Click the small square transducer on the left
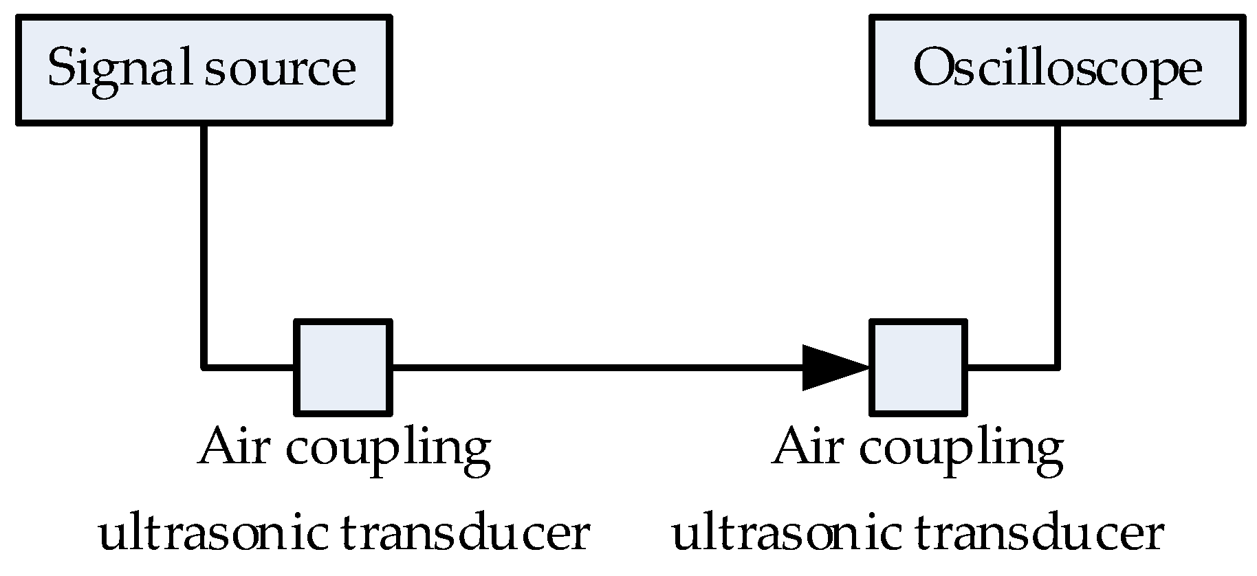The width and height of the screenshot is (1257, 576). [x=343, y=368]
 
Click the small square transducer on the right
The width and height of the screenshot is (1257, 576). [x=918, y=368]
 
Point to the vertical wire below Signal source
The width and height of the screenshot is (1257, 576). [x=204, y=241]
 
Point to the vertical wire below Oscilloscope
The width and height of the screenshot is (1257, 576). [x=1057, y=241]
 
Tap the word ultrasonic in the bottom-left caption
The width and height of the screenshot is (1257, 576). [x=213, y=535]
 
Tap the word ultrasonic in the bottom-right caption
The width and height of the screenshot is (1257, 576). [x=786, y=535]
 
